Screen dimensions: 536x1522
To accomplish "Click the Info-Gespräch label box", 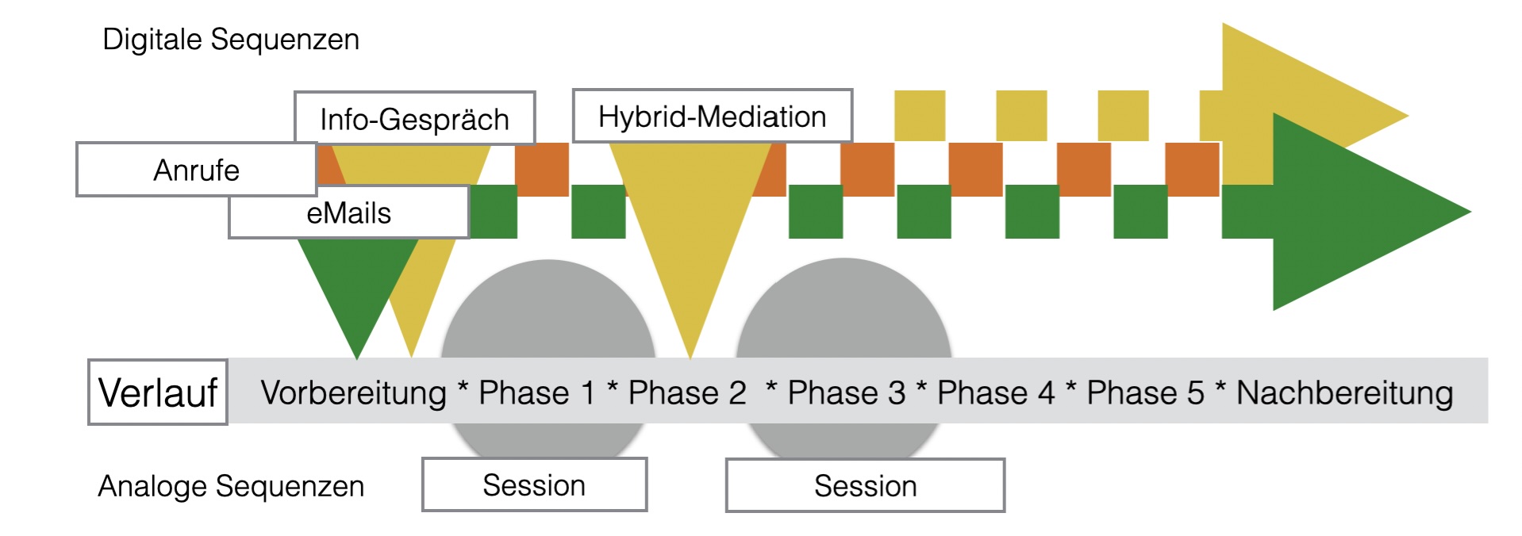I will [x=414, y=118].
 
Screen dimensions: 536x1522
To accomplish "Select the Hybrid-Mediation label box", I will [x=712, y=116].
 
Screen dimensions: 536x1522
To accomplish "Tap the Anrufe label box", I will [x=196, y=170].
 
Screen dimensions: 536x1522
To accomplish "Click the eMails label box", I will [x=348, y=212].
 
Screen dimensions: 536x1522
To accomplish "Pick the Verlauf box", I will [x=157, y=392].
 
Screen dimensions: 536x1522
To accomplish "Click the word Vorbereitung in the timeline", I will [x=354, y=392].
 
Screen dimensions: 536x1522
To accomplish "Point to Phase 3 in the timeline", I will [x=846, y=392].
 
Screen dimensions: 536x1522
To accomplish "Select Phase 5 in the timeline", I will [x=1145, y=392].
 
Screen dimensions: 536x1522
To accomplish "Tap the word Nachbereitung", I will [x=1344, y=392].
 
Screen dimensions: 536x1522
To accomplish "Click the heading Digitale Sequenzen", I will [x=231, y=39].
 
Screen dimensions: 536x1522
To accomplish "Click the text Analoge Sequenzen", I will [x=231, y=485].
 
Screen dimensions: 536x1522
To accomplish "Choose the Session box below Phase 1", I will [x=534, y=484].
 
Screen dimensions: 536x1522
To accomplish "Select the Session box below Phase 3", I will [x=865, y=485].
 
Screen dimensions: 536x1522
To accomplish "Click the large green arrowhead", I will [x=1357, y=212].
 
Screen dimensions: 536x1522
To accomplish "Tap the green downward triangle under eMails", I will [x=357, y=285].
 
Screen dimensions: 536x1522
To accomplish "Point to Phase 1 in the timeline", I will [x=536, y=392].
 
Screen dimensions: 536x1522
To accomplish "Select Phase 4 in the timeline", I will [x=996, y=392].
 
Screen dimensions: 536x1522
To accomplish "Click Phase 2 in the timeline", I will [x=687, y=392].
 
